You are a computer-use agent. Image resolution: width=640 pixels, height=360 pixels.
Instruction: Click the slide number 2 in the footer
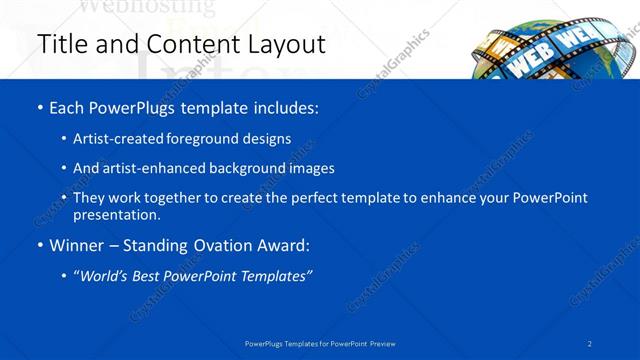pyautogui.click(x=590, y=343)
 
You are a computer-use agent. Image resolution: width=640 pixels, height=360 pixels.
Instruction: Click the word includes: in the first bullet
pyautogui.click(x=285, y=108)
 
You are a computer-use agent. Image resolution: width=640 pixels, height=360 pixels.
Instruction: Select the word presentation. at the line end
pyautogui.click(x=116, y=214)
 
